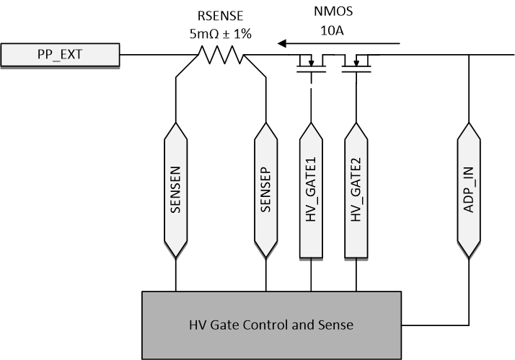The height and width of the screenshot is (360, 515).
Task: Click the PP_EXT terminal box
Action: click(x=59, y=53)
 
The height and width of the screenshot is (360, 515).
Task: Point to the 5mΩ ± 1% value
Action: click(x=219, y=34)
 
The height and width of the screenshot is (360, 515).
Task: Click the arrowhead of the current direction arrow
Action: click(x=283, y=44)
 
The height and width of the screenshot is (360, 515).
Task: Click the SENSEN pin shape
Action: click(x=175, y=190)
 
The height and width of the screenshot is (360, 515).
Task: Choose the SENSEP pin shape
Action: click(x=266, y=190)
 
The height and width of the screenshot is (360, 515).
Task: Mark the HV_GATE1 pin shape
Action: click(x=312, y=190)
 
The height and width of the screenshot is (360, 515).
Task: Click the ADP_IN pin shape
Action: click(x=470, y=190)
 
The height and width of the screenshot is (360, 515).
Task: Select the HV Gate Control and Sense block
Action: click(x=271, y=325)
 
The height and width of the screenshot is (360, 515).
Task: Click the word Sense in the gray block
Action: click(x=338, y=325)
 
